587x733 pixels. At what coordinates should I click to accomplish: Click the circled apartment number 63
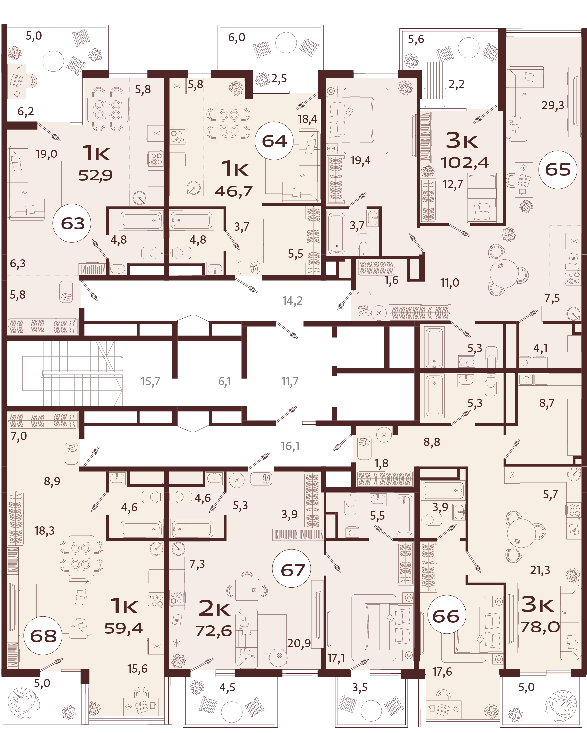point(72,223)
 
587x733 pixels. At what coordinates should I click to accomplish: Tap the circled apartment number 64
point(274,141)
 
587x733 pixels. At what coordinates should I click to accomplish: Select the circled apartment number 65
point(558,169)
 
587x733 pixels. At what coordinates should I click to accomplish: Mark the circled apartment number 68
point(43,635)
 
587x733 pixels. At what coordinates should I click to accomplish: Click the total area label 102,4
point(465,163)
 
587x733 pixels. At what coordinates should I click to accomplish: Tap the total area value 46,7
point(233,191)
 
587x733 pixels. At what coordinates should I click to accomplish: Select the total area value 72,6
point(214,631)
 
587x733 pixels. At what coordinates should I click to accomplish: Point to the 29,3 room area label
point(553,105)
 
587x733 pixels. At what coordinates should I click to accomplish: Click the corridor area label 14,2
point(292,301)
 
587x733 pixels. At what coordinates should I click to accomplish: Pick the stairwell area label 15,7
point(150,381)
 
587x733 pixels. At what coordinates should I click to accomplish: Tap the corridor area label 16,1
point(290,446)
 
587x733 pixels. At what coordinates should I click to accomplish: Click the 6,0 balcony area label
point(236,37)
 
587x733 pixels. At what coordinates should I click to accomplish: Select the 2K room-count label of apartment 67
point(215,608)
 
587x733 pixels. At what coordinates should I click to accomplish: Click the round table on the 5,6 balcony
point(469,48)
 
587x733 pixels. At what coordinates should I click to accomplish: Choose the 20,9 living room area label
point(299,643)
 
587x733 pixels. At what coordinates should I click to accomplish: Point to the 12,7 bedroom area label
point(453,185)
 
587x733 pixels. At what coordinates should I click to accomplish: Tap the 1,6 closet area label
point(391,280)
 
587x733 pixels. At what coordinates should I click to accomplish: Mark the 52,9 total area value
point(95,175)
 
